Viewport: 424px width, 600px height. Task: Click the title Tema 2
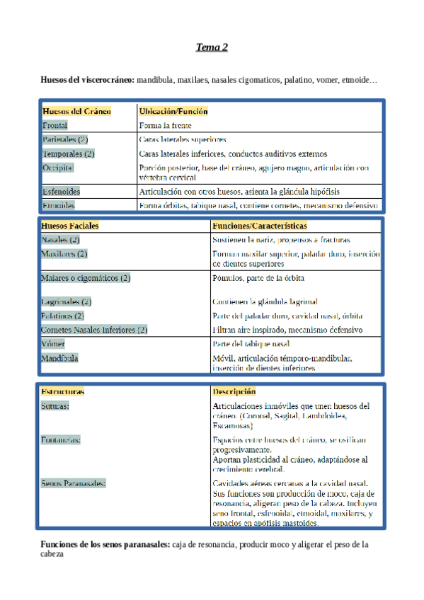click(212, 47)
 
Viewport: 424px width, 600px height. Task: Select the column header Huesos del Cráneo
click(76, 111)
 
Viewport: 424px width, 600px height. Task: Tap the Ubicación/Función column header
click(173, 111)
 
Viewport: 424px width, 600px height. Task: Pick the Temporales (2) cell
click(68, 154)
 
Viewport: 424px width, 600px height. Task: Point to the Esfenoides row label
click(61, 192)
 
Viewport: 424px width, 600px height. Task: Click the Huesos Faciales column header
click(70, 226)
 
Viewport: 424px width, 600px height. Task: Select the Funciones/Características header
click(259, 226)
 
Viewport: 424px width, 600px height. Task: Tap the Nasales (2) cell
click(60, 240)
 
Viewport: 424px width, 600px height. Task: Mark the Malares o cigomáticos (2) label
click(86, 278)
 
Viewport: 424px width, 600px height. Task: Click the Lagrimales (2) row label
click(67, 302)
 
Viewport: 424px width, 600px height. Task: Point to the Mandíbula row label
click(59, 358)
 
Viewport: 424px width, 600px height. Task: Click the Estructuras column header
click(62, 391)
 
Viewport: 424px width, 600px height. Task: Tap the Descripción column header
click(234, 391)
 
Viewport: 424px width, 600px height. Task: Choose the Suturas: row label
click(55, 406)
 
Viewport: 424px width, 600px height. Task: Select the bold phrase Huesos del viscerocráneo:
click(88, 81)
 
